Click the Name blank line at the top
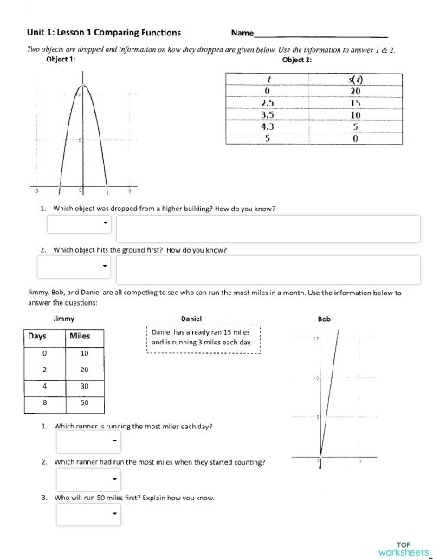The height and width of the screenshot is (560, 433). [x=320, y=35]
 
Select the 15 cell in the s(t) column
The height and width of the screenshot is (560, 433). [x=355, y=102]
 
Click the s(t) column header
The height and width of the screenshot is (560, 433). [x=355, y=79]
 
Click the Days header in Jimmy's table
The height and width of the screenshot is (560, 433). [x=36, y=336]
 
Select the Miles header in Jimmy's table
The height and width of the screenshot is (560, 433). [x=84, y=336]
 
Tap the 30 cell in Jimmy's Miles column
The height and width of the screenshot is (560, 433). [x=84, y=386]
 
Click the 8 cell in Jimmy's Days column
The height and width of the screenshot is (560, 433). [x=36, y=402]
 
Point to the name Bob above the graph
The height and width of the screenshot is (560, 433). [x=325, y=319]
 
